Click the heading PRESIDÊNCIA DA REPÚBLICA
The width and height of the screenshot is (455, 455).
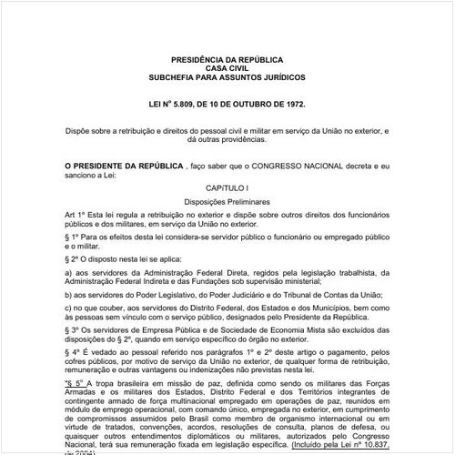point(227,56)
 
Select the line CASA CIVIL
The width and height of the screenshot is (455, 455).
point(227,66)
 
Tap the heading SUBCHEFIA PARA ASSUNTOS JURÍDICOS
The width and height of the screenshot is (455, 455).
point(227,76)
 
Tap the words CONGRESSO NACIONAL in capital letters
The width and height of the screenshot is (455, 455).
point(282,166)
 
